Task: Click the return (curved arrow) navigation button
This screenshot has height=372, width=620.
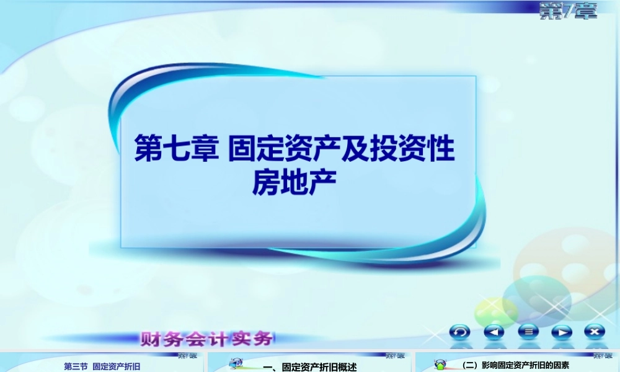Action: pos(460,332)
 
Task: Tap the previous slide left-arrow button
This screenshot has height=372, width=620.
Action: pos(494,332)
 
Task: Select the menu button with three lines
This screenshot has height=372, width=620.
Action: pos(528,332)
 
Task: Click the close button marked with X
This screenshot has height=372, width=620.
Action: pos(595,332)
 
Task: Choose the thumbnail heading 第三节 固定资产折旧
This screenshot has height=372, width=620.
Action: pos(102,366)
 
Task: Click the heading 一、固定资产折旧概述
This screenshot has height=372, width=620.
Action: pos(310,367)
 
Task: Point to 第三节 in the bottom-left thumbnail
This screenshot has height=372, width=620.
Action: pos(76,366)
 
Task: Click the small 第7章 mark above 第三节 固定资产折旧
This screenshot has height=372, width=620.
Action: pos(187,356)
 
